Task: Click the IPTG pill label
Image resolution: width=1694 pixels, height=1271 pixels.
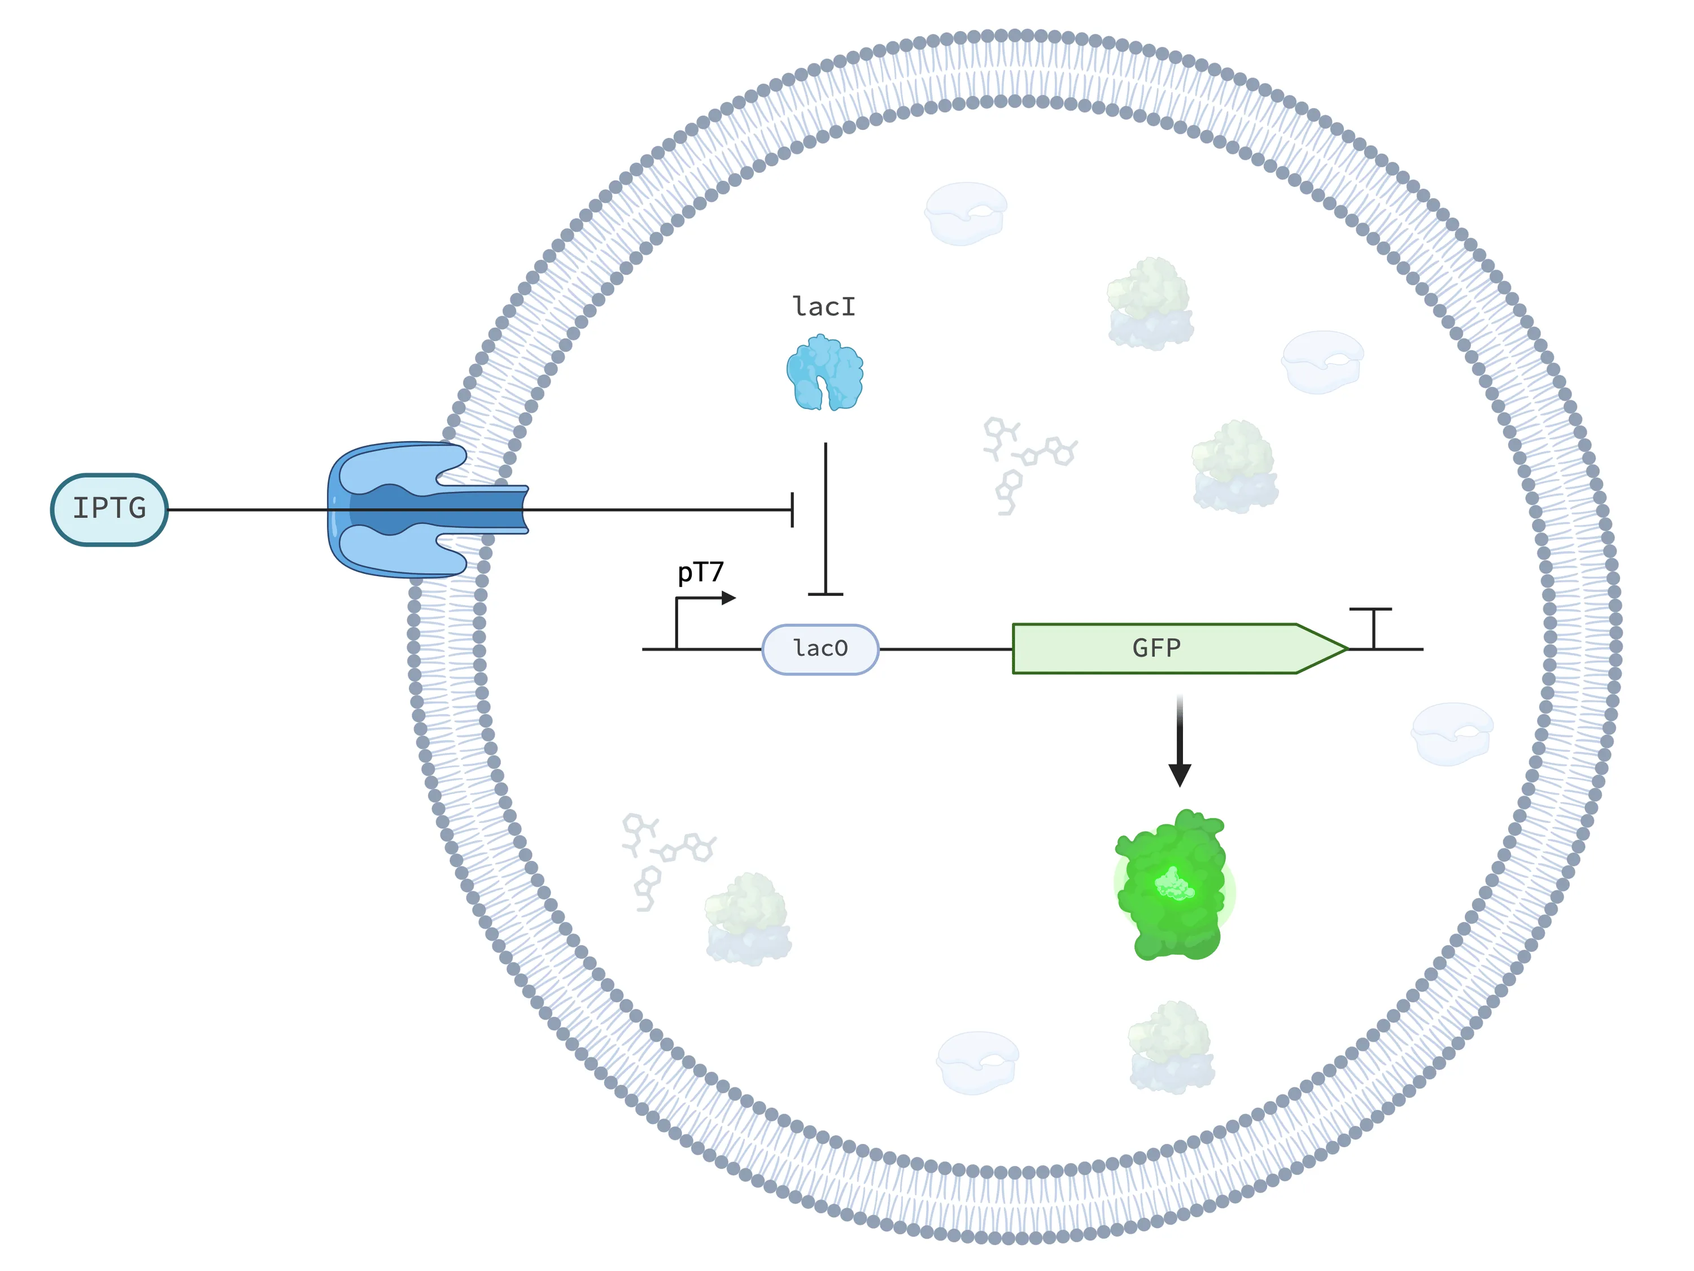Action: [110, 509]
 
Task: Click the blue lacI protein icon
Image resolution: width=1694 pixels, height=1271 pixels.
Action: [825, 373]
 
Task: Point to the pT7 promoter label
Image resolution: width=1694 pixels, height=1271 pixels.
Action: [700, 572]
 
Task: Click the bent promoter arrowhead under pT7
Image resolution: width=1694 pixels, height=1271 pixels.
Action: [728, 598]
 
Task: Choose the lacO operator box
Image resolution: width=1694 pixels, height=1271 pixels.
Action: [820, 649]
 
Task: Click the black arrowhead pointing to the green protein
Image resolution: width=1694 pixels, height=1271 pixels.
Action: [1180, 774]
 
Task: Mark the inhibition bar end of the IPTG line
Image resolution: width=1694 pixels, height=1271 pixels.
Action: [792, 510]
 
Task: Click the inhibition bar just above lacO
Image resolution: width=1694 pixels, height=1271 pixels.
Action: [826, 594]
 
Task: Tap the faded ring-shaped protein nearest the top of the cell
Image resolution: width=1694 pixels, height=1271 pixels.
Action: [965, 213]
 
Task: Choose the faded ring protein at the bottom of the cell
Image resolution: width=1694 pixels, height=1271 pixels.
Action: [977, 1062]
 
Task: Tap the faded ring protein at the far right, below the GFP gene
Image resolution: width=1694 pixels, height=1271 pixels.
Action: [1451, 733]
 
